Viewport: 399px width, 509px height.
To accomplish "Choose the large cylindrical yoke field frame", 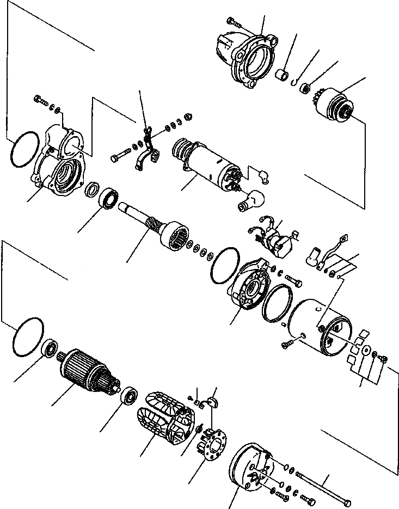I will (x=321, y=329).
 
